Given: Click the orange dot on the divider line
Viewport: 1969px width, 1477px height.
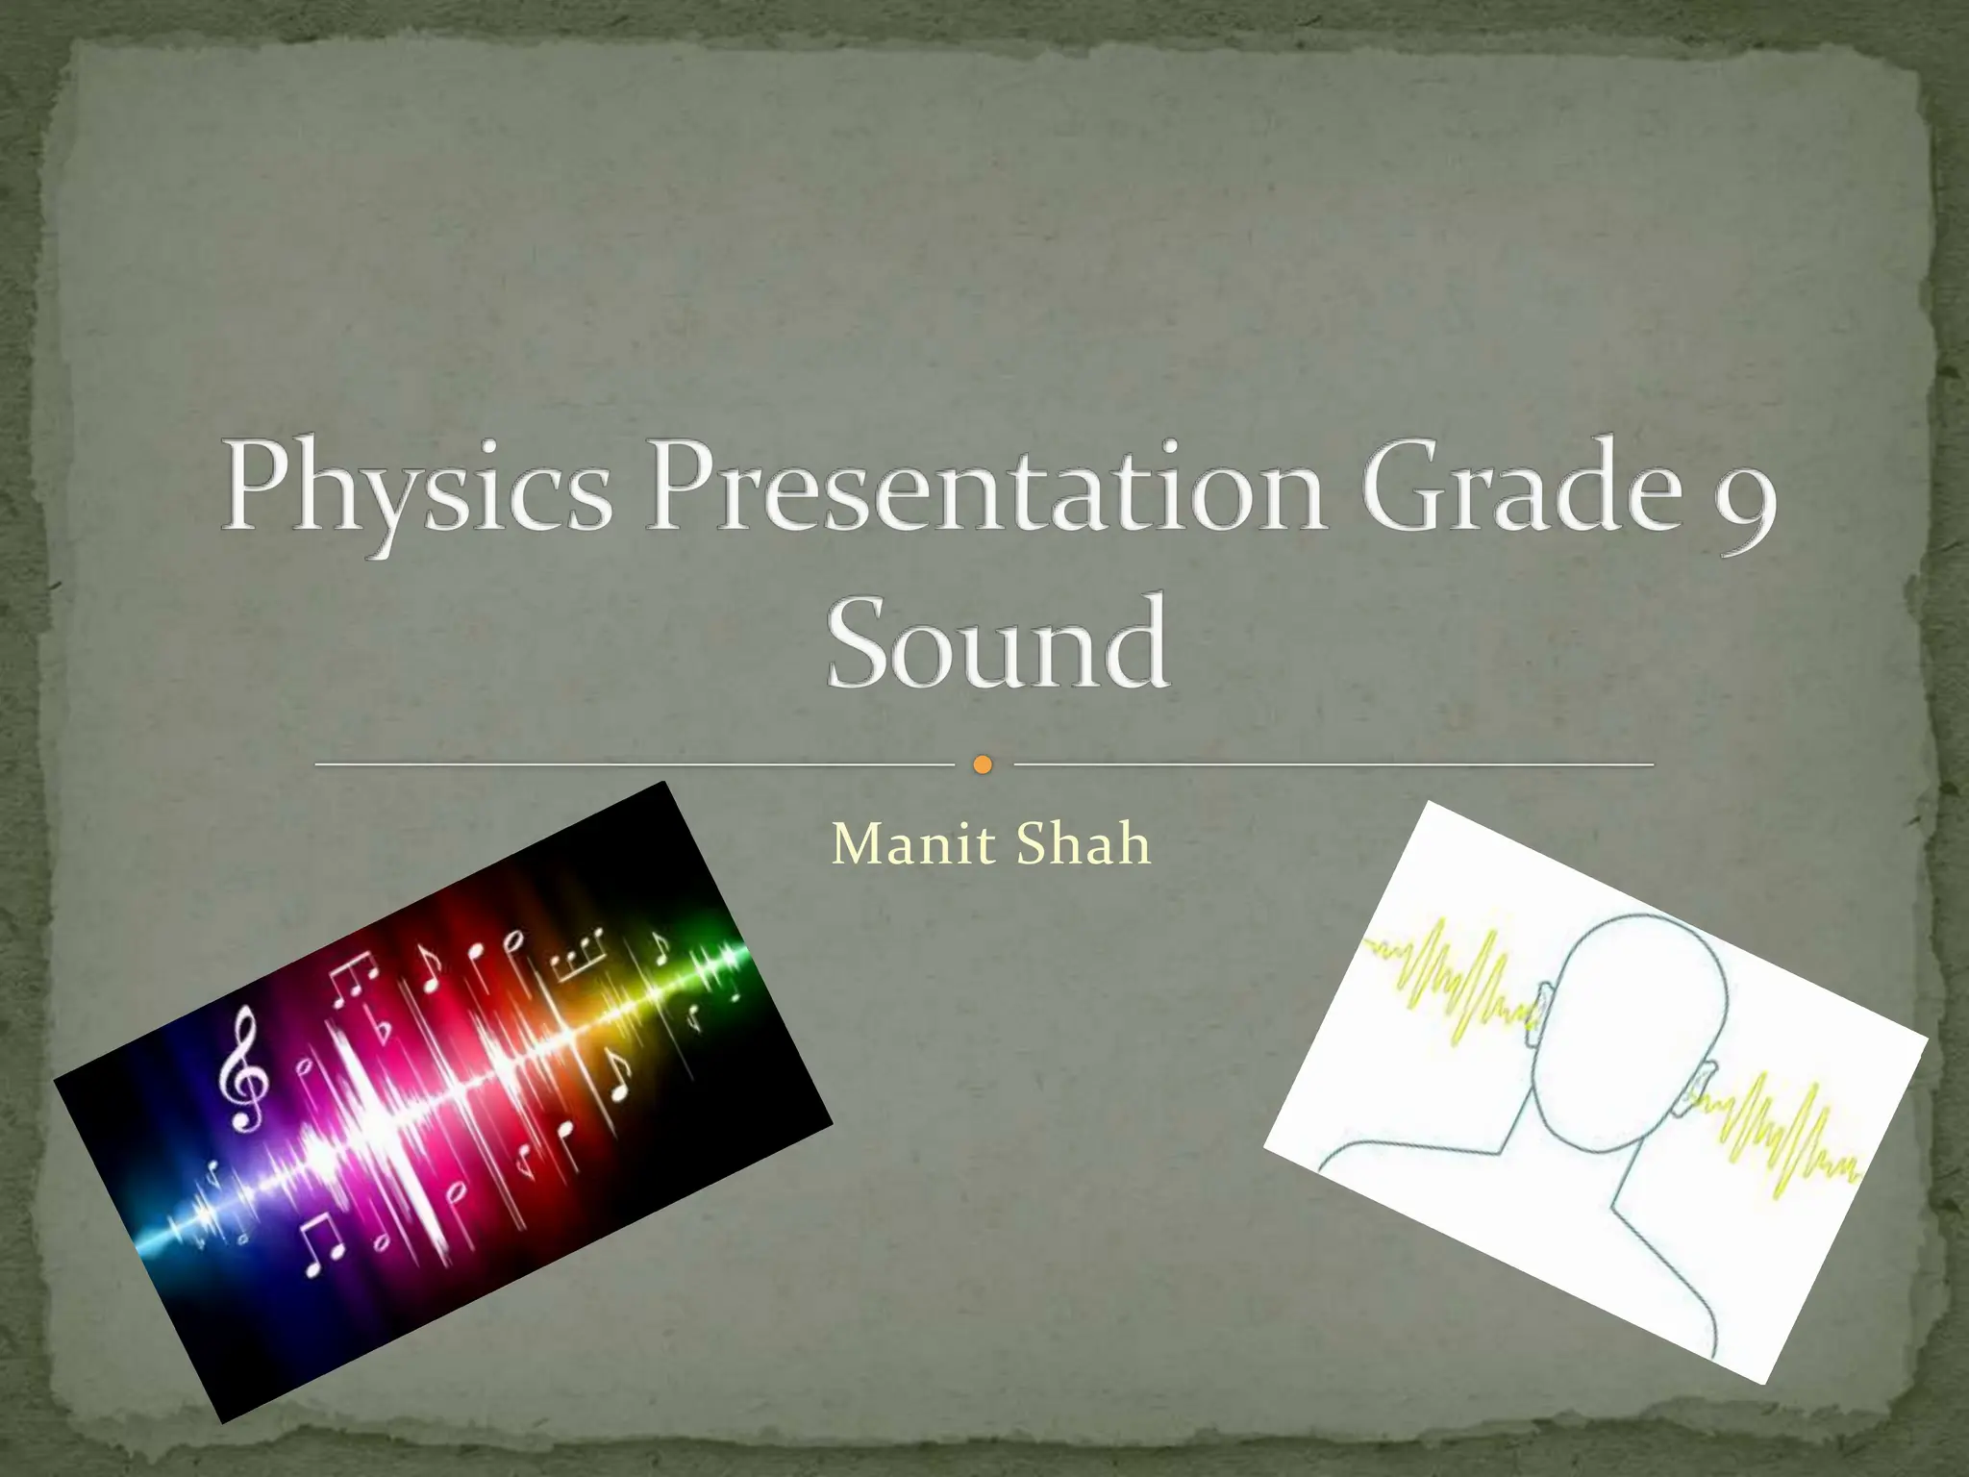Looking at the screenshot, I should pyautogui.click(x=983, y=765).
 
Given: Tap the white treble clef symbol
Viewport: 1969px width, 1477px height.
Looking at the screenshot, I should pyautogui.click(x=240, y=1067).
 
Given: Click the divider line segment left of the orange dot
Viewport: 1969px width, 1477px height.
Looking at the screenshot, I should pyautogui.click(x=635, y=765).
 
